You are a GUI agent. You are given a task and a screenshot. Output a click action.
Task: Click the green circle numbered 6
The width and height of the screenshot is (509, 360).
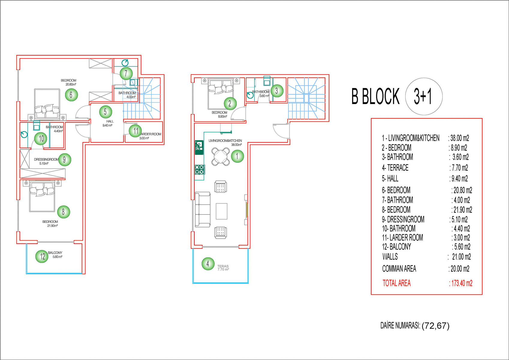point(71,94)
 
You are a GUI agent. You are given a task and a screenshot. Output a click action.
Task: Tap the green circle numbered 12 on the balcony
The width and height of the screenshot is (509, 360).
point(42,256)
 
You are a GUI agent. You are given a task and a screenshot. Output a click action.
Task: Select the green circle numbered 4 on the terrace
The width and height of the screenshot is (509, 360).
point(208,264)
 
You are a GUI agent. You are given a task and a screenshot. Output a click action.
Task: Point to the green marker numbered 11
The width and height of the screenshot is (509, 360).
point(135,131)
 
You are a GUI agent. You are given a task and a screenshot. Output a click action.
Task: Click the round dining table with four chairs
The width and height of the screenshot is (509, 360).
point(220,157)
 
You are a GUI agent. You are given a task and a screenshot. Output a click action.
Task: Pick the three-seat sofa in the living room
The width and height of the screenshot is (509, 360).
point(203,210)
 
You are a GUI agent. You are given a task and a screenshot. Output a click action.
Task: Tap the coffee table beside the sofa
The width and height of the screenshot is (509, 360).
point(222,211)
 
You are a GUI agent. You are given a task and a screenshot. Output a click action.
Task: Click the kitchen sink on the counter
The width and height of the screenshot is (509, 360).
point(199,147)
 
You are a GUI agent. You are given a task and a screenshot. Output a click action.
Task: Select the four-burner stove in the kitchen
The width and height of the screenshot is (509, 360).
point(200,170)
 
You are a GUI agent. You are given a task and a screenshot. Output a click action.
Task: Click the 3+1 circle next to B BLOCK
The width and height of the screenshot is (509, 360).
point(424,96)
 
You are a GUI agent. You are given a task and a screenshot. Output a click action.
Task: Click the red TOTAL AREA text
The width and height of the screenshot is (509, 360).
point(397,283)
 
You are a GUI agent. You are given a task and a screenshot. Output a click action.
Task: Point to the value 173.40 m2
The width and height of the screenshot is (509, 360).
point(462,283)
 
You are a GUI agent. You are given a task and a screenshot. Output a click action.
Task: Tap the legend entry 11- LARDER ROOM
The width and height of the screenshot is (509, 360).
point(402,238)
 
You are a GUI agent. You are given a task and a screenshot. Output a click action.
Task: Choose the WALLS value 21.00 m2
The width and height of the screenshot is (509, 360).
point(461,257)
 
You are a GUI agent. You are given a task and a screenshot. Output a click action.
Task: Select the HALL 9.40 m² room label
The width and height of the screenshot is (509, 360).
point(108,123)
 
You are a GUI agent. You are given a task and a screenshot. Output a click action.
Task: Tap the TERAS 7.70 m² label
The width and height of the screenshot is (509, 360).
point(223,268)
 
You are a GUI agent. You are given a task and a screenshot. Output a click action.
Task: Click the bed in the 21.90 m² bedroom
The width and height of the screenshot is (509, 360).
point(42,196)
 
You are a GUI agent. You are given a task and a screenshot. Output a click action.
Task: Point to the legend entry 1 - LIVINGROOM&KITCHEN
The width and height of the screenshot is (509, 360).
point(411,138)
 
